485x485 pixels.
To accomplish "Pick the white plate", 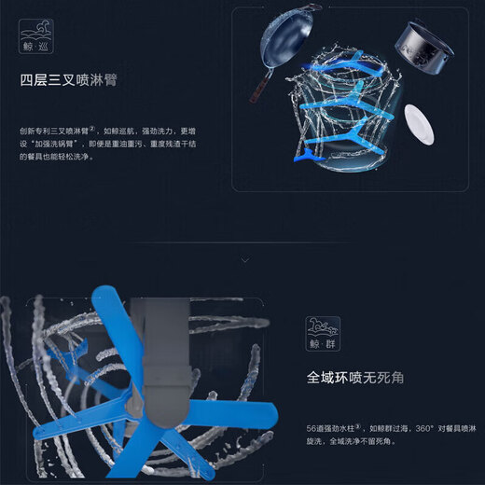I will [418, 124].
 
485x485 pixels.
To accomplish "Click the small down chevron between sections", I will [243, 258].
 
